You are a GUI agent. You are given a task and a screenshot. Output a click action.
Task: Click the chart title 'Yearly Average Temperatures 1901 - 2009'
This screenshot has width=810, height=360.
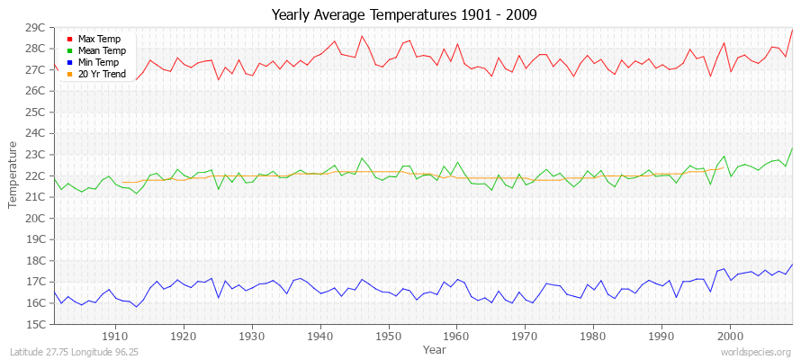pyautogui.click(x=404, y=15)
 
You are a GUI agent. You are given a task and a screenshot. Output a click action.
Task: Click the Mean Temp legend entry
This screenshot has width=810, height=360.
pyautogui.click(x=100, y=50)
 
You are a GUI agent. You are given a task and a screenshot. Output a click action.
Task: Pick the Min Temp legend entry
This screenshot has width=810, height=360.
pyautogui.click(x=98, y=62)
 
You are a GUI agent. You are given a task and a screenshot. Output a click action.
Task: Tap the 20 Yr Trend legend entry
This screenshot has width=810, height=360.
pyautogui.click(x=100, y=74)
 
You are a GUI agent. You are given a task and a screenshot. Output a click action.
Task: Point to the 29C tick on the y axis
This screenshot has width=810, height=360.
pyautogui.click(x=35, y=27)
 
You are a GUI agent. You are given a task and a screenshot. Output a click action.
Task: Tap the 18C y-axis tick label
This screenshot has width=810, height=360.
pyautogui.click(x=35, y=260)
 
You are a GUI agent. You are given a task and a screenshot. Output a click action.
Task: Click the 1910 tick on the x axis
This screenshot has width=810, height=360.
pyautogui.click(x=115, y=336)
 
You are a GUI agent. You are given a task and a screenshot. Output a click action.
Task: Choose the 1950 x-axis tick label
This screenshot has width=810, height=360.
pyautogui.click(x=388, y=336)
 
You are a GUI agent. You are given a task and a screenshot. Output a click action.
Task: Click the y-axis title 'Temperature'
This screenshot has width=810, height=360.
pyautogui.click(x=13, y=175)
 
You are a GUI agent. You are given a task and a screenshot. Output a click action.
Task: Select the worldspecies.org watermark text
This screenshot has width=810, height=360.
pyautogui.click(x=757, y=352)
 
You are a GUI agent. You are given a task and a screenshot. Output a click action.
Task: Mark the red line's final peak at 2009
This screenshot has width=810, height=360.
pyautogui.click(x=792, y=30)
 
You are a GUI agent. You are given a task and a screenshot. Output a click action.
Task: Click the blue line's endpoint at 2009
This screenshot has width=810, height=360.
pyautogui.click(x=792, y=265)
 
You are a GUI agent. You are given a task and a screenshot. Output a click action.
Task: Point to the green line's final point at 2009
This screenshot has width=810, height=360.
pyautogui.click(x=792, y=148)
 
